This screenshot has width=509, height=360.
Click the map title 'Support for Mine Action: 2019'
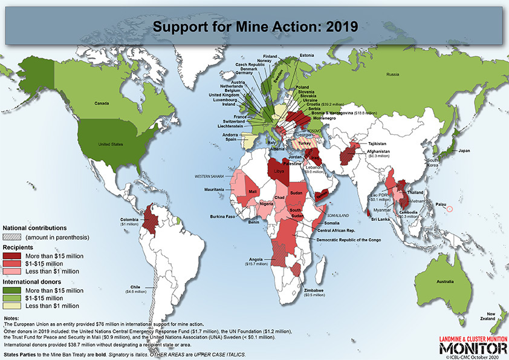coord(254,27)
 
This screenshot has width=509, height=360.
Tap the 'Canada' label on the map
coord(101,103)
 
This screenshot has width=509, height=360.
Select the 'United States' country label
coord(111,145)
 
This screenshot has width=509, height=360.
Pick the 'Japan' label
coord(464,150)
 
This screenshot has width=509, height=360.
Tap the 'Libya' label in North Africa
coord(279,171)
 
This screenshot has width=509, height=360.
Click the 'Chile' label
coord(135,287)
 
